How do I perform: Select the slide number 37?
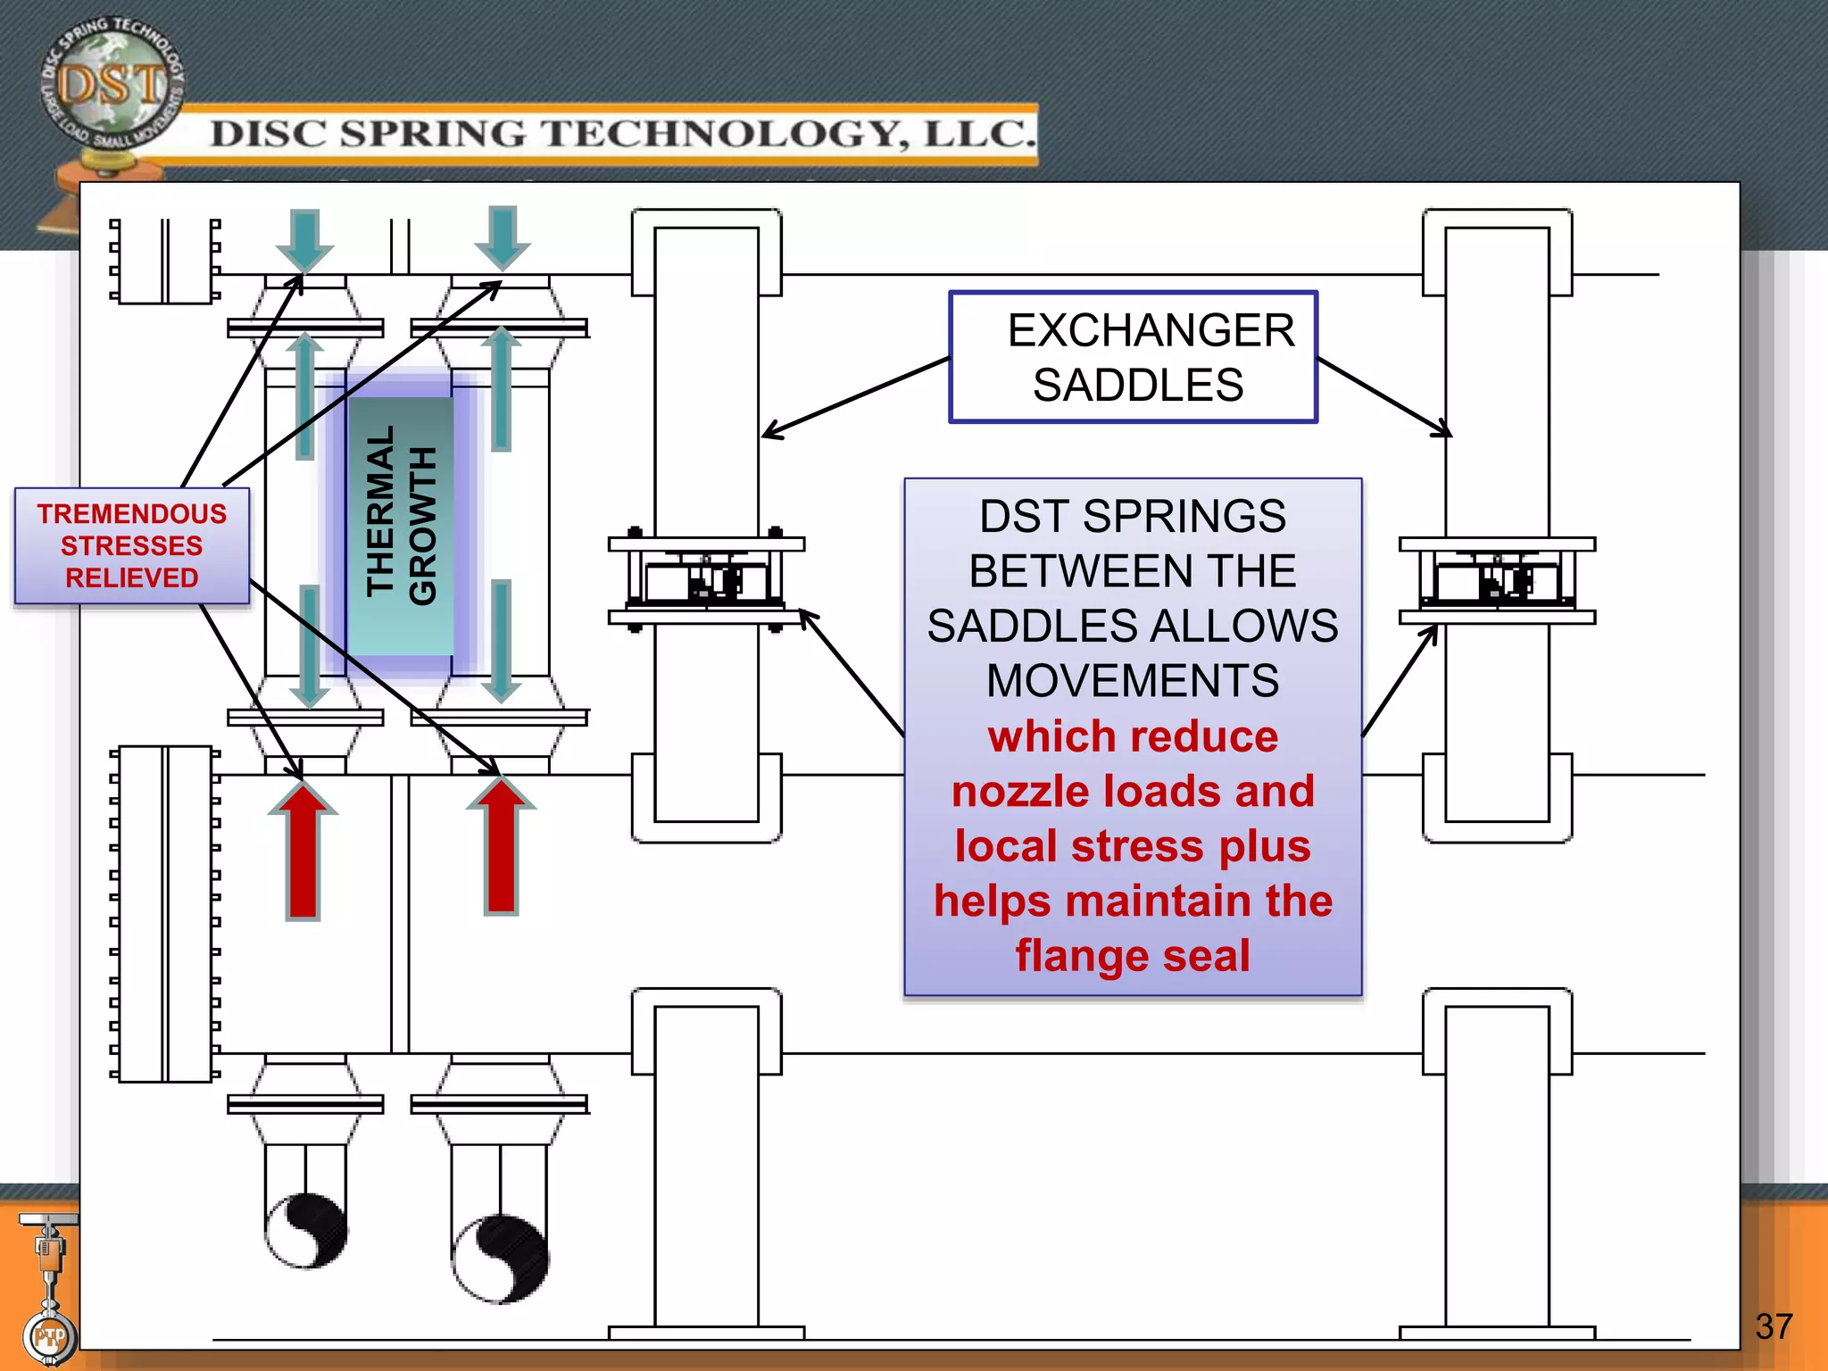(1773, 1326)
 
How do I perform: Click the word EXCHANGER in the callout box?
(1151, 330)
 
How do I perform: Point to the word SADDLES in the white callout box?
(1138, 386)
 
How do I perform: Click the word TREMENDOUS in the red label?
(132, 514)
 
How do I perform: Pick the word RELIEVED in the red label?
(132, 578)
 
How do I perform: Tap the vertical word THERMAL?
(380, 511)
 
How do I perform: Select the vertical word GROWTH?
(422, 527)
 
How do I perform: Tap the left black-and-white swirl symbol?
(306, 1230)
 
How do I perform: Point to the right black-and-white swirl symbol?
(501, 1259)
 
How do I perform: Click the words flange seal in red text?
(1133, 956)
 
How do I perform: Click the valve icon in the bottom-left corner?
(49, 1285)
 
